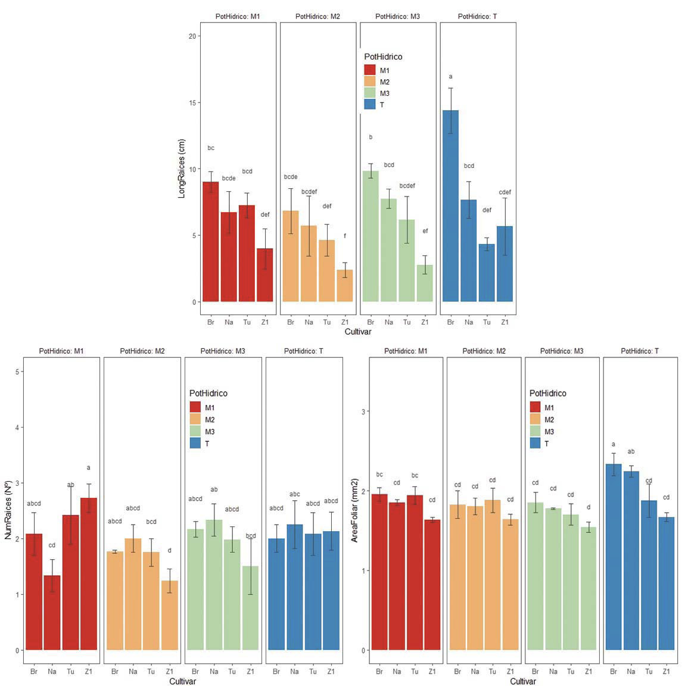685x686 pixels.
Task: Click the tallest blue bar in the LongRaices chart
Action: (450, 205)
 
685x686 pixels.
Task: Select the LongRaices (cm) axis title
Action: (182, 169)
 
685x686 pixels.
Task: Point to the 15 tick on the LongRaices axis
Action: (192, 102)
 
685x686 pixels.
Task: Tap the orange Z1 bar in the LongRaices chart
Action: (344, 286)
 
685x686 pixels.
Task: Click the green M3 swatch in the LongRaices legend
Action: (370, 93)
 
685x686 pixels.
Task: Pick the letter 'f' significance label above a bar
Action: (344, 236)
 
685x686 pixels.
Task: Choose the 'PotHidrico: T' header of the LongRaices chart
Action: (477, 17)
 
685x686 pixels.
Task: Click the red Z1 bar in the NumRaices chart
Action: (89, 573)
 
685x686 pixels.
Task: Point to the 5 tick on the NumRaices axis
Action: (18, 372)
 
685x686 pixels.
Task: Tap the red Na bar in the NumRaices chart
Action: (52, 612)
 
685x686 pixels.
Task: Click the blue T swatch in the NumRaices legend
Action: (195, 444)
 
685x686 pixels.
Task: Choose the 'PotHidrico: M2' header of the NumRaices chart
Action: (142, 351)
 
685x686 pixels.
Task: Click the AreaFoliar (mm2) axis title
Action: (354, 510)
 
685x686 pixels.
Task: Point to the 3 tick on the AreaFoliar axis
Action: (364, 411)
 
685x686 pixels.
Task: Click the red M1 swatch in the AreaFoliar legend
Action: (535, 408)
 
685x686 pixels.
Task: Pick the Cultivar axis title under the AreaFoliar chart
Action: (522, 681)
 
